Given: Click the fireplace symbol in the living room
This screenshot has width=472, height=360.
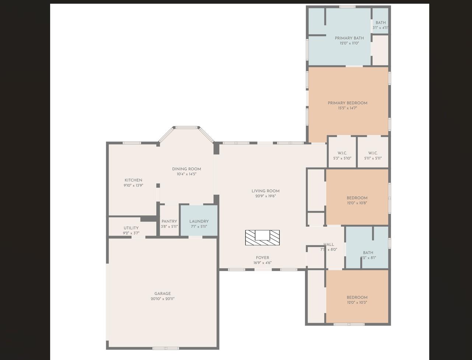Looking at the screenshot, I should tap(262, 237).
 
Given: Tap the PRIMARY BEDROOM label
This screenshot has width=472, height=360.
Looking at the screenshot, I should tap(347, 103).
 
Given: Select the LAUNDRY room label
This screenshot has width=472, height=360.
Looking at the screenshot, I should tap(199, 221).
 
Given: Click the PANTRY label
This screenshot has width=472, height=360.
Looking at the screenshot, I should tap(169, 221).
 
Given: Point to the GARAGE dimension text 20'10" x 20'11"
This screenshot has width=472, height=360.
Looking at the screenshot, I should tap(162, 299).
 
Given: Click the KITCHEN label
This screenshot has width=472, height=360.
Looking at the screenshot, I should tap(133, 180).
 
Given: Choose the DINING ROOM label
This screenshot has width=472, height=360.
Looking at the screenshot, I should tap(186, 169).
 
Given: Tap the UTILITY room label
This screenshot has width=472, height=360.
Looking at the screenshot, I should tap(131, 228).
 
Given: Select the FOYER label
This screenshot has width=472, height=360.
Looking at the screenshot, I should tap(262, 258).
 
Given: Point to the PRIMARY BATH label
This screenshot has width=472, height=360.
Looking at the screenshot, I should tap(349, 38).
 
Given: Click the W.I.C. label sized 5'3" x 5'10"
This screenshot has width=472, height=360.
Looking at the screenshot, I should tap(342, 153).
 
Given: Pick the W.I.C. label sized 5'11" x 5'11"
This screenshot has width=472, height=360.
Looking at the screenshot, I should tap(373, 153).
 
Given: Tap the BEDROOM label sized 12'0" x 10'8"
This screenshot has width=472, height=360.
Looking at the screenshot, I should tap(357, 198).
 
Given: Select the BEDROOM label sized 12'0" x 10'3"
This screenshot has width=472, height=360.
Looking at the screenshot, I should tap(357, 297).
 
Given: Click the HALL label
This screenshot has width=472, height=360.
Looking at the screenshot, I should tap(329, 244).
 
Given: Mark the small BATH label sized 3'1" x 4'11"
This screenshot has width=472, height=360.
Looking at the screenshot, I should tap(381, 23).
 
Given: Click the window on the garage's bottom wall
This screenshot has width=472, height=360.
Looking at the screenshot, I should tap(165, 348).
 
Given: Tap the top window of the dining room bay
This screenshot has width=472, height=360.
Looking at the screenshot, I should tap(187, 127).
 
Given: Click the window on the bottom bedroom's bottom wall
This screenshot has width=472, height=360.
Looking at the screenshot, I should tap(349, 324).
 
